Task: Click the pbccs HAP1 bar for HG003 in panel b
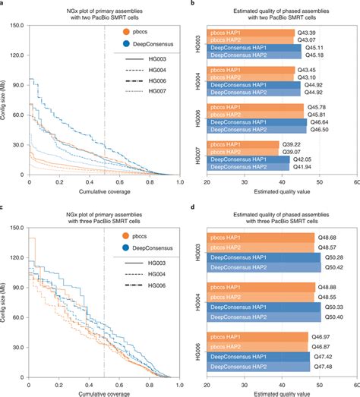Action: tap(251, 33)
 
